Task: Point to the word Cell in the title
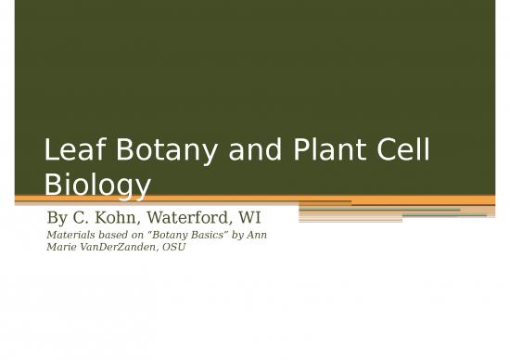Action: coord(400,153)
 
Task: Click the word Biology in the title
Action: coord(96,186)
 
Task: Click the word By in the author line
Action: coord(58,219)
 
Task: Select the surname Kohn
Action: coord(125,219)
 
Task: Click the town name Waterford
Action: coord(198,219)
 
